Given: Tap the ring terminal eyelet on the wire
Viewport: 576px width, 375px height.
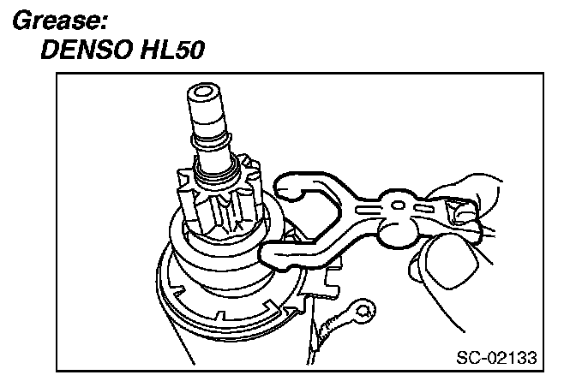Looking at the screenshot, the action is pos(365,309).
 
